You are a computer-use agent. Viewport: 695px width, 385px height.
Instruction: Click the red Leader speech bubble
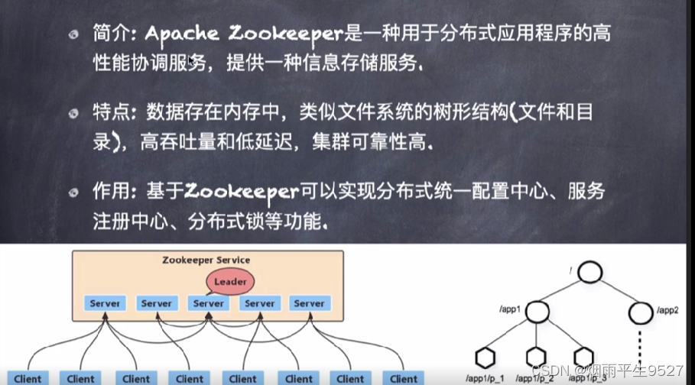230,281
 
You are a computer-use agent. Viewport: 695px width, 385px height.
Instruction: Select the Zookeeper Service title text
206,260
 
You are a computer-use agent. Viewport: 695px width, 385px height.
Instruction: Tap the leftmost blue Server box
105,303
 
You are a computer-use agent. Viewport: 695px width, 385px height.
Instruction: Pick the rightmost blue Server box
310,303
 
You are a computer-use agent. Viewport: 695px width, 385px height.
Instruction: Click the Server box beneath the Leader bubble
208,303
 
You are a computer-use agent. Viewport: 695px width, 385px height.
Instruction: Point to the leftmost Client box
28,379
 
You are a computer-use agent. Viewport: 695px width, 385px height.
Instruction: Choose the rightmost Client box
404,379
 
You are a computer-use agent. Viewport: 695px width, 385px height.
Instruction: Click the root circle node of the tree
590,272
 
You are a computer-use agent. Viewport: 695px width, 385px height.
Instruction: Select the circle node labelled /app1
537,312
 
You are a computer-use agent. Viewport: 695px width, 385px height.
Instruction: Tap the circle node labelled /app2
641,312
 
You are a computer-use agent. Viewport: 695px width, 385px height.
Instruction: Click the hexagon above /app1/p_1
485,358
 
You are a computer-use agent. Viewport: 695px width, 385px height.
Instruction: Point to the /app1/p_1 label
485,379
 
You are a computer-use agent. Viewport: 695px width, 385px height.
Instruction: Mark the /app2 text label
667,310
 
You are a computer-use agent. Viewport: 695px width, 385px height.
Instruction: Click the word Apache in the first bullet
182,34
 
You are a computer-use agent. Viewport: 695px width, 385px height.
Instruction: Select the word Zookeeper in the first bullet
286,34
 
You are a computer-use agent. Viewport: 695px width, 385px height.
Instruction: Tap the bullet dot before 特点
73,114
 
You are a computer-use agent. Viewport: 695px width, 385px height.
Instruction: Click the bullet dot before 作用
73,192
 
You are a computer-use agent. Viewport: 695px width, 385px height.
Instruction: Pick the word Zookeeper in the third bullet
242,192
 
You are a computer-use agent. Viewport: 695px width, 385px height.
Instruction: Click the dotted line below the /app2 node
640,347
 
